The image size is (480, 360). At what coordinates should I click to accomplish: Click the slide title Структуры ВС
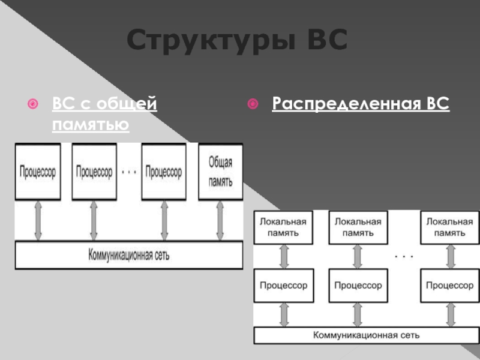[238, 41]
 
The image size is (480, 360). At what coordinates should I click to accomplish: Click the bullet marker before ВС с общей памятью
[34, 106]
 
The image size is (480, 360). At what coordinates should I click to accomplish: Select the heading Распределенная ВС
[360, 104]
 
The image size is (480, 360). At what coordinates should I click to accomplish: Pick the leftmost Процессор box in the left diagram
[37, 172]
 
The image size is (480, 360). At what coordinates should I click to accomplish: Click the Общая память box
[220, 172]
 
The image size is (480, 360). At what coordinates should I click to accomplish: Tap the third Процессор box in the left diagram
[164, 172]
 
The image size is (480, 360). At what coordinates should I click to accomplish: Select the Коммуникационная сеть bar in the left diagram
[129, 255]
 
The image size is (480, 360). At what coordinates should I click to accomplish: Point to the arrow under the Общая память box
[220, 220]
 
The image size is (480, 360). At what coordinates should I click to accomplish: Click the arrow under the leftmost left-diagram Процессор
[38, 220]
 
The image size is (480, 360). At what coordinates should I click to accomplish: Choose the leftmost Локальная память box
[283, 227]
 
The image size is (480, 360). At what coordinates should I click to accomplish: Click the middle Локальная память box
[358, 227]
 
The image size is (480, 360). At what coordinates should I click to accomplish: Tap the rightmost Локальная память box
[449, 227]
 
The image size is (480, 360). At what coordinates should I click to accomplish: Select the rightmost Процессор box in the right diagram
[449, 286]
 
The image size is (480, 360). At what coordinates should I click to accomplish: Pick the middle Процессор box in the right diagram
[358, 286]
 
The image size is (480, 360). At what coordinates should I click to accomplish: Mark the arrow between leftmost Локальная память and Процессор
[284, 256]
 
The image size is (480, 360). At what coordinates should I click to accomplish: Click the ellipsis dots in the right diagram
[404, 256]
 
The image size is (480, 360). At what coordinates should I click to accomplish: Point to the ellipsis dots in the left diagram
[129, 172]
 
